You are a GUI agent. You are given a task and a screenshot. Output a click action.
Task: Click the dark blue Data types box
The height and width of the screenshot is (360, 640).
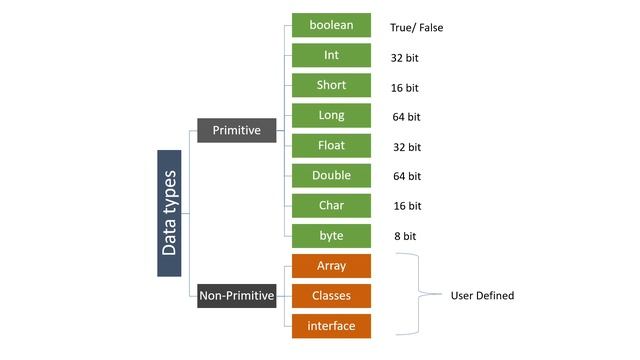tap(170, 213)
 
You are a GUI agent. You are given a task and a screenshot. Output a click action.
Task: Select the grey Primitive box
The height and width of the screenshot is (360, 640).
tap(236, 129)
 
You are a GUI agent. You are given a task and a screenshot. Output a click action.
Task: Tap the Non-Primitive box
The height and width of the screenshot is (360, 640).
tap(236, 295)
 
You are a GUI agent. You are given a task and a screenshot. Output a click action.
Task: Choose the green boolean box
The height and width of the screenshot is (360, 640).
tap(331, 26)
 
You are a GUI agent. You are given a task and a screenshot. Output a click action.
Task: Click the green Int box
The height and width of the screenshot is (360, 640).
tap(331, 56)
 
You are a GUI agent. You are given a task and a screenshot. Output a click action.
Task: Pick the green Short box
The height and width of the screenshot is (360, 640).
tap(331, 86)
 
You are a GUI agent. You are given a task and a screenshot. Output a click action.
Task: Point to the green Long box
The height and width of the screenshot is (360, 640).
tap(331, 116)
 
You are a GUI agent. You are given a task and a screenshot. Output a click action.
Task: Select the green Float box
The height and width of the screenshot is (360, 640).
tap(331, 146)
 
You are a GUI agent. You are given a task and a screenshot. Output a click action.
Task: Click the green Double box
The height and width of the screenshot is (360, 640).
tap(331, 176)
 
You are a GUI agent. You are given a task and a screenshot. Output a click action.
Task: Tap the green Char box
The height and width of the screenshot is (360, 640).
tap(331, 206)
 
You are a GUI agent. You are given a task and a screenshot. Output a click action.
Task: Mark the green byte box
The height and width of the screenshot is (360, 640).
tap(331, 236)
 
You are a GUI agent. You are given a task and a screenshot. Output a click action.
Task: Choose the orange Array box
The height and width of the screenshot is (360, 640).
tap(331, 266)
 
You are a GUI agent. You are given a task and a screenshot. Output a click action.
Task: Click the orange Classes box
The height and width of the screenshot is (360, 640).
tap(331, 296)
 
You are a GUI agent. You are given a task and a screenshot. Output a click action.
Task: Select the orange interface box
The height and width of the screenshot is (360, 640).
tap(331, 326)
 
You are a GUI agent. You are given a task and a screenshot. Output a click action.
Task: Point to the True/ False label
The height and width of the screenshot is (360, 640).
tap(416, 28)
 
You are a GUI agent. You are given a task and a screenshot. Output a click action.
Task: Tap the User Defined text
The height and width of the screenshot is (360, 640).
tap(482, 296)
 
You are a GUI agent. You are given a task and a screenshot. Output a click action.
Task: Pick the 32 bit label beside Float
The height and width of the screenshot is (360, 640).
tap(407, 147)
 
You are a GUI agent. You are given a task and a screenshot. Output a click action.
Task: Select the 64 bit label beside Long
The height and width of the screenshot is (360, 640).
tap(407, 117)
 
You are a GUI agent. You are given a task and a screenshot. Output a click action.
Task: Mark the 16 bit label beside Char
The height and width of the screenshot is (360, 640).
tap(407, 207)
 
